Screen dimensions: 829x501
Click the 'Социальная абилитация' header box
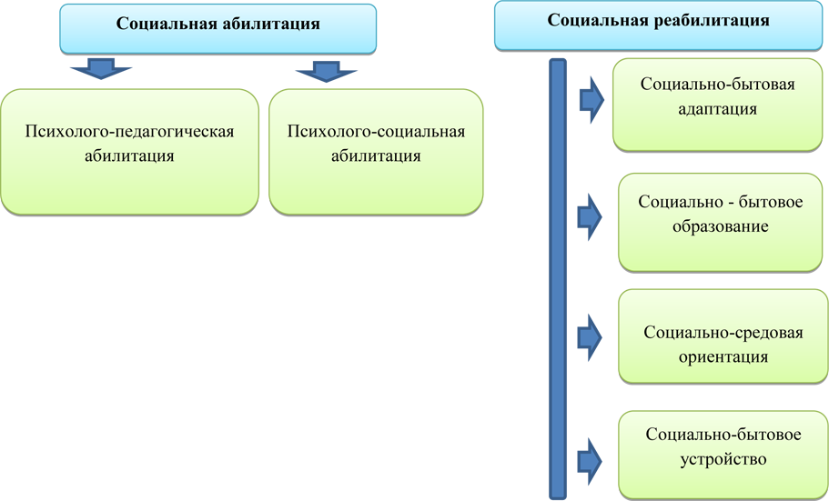(217, 28)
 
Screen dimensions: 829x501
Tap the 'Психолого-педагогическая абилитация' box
(129, 152)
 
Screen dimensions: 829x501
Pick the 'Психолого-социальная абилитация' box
(376, 152)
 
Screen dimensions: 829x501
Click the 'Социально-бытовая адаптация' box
(717, 105)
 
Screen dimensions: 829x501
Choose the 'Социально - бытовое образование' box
(720, 223)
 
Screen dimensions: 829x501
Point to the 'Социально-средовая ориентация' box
(723, 336)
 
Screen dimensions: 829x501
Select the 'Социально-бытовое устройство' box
(723, 455)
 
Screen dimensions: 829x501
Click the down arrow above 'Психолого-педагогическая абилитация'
(101, 69)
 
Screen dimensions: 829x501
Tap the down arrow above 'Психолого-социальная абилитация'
(326, 71)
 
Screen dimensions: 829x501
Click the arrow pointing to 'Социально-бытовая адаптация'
(591, 99)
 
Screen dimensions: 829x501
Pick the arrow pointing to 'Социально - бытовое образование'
(590, 216)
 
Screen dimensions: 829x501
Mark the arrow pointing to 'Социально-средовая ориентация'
(590, 337)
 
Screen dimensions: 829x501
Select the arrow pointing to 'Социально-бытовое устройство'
(590, 461)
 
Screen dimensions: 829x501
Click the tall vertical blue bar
(558, 279)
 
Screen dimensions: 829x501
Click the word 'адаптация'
(717, 109)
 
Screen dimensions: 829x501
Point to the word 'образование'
(720, 226)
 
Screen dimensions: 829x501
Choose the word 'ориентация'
(723, 356)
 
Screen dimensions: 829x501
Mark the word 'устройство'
(723, 459)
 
